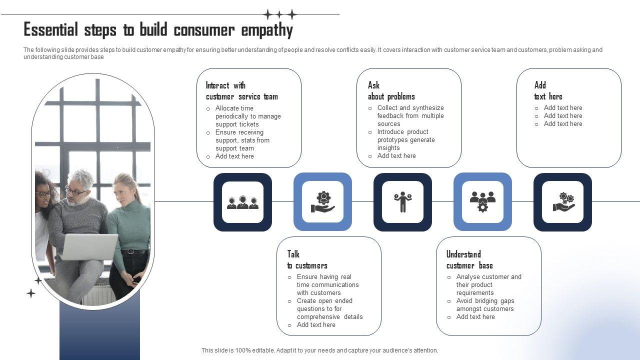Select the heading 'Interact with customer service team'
(241, 91)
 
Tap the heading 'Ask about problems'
(391, 91)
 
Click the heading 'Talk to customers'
(307, 260)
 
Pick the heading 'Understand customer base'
(469, 260)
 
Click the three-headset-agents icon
(242, 202)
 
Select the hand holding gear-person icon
(322, 202)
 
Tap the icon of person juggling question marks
(402, 202)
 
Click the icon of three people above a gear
(482, 202)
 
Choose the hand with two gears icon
(562, 202)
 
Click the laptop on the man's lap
(87, 246)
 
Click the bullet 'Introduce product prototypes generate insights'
(405, 140)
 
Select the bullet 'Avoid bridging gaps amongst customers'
(484, 305)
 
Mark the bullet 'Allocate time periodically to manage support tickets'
(247, 116)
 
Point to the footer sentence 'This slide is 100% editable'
(319, 350)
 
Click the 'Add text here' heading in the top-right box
(548, 91)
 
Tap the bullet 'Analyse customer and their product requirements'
(488, 285)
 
